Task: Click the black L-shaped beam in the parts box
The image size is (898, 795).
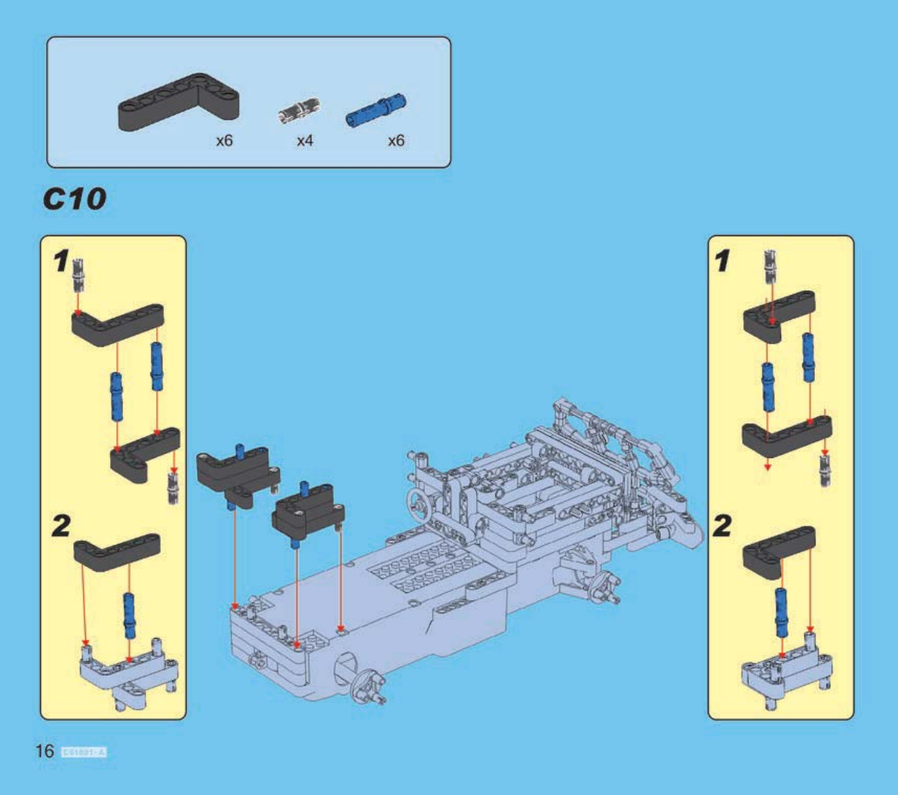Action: click(178, 103)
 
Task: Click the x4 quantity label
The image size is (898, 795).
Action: click(305, 141)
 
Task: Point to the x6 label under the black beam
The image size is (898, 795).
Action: click(224, 141)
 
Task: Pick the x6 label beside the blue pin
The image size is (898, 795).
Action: click(395, 141)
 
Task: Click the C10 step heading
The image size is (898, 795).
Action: click(74, 199)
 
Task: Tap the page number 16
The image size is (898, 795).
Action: click(45, 751)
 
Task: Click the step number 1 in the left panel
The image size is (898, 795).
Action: click(61, 262)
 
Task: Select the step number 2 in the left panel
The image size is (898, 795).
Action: click(61, 526)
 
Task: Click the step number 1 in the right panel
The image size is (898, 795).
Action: click(722, 262)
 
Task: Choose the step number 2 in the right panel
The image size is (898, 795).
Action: click(722, 526)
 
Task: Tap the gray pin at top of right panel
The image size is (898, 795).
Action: click(770, 266)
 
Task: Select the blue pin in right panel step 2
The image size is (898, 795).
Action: click(783, 610)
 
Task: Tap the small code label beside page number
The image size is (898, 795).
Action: click(84, 752)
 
